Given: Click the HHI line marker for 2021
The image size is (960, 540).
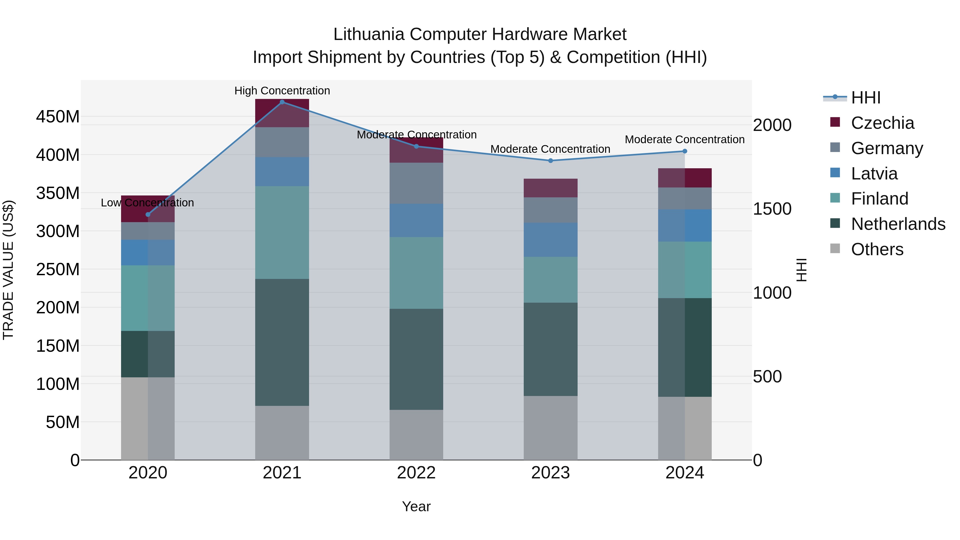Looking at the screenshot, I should pyautogui.click(x=282, y=102).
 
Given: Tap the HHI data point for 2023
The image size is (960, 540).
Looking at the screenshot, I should pyautogui.click(x=550, y=161).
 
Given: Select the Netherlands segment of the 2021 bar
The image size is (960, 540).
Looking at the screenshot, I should pyautogui.click(x=282, y=342).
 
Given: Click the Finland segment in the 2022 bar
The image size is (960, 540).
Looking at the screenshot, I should pyautogui.click(x=416, y=273).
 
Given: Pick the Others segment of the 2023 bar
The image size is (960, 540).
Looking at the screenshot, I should pyautogui.click(x=550, y=427).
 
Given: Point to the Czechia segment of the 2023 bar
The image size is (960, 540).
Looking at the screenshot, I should pyautogui.click(x=550, y=188).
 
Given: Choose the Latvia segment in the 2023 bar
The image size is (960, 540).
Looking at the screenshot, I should pyautogui.click(x=550, y=240).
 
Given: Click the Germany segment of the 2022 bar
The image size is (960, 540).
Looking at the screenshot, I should pyautogui.click(x=416, y=183).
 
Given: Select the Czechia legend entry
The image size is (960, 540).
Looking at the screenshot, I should pyautogui.click(x=882, y=123).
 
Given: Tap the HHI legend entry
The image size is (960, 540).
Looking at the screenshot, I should pyautogui.click(x=866, y=98).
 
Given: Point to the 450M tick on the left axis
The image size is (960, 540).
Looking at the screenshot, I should pyautogui.click(x=58, y=117).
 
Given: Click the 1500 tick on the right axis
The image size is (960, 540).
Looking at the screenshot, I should pyautogui.click(x=772, y=209).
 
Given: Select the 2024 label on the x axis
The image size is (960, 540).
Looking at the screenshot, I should pyautogui.click(x=685, y=473).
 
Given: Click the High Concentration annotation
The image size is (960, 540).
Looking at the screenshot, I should pyautogui.click(x=282, y=91).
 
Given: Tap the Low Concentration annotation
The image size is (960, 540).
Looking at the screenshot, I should pyautogui.click(x=147, y=203).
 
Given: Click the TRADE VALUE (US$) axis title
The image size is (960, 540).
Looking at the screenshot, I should pyautogui.click(x=8, y=270).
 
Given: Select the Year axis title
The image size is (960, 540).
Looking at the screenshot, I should pyautogui.click(x=416, y=506).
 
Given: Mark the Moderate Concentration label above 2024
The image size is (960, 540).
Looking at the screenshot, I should pyautogui.click(x=685, y=139).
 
